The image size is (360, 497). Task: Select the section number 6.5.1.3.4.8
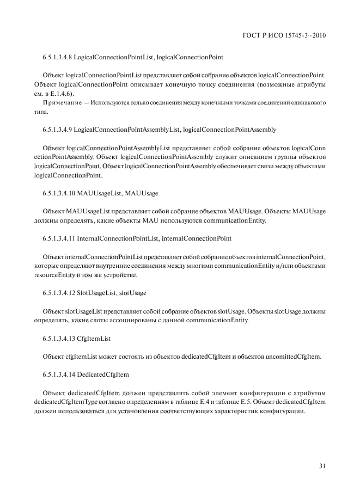[57, 57]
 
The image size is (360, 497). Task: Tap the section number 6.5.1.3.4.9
[57, 130]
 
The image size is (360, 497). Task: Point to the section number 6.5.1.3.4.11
[59, 238]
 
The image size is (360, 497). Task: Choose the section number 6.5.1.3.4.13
[59, 338]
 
